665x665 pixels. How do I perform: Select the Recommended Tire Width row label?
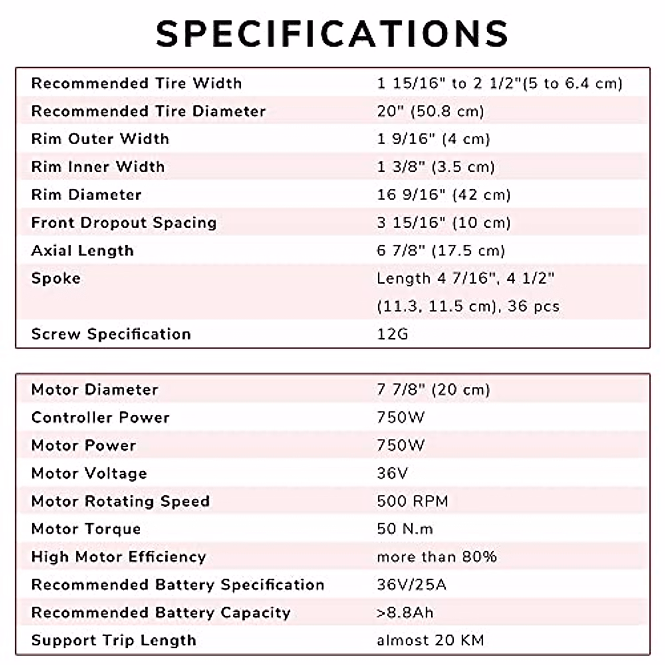coord(136,84)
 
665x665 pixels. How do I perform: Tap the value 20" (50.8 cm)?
coord(431,111)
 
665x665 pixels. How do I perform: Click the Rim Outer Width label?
coord(100,139)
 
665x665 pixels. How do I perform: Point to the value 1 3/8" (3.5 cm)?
coord(436,167)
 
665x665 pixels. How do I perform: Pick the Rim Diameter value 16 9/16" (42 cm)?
coord(443,195)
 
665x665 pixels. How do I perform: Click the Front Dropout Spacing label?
coord(124,223)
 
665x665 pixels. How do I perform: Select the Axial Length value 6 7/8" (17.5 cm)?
coord(441,250)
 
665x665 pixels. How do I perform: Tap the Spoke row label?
coord(56,278)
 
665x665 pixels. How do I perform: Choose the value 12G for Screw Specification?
coord(392,334)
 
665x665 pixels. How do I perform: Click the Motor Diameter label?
coord(95,390)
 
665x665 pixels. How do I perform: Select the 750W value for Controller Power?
coord(401,417)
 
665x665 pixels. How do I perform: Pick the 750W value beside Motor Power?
coord(401,446)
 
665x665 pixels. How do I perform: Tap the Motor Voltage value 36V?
coord(392,473)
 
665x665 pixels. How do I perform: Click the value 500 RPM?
coord(412,501)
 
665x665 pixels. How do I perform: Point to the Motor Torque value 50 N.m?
coord(405,529)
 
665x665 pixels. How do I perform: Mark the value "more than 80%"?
coord(437,557)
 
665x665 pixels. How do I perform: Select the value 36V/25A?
coord(411,585)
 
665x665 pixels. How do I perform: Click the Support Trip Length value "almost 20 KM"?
coord(430,641)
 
